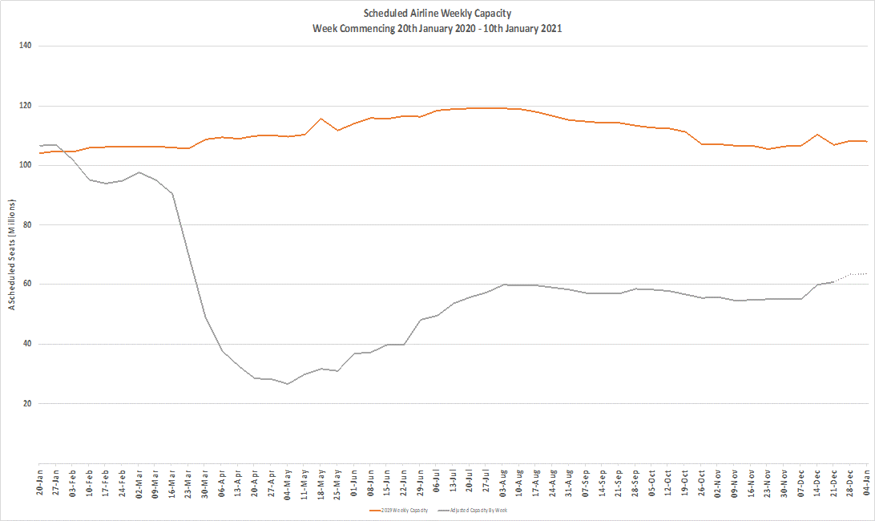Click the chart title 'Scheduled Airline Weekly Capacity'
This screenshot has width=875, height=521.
(437, 14)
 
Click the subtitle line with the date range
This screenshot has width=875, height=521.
(437, 28)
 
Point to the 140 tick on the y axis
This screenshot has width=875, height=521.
(25, 46)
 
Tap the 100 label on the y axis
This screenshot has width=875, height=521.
(25, 165)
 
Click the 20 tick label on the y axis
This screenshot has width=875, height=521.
(26, 404)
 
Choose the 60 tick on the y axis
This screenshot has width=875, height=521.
(26, 285)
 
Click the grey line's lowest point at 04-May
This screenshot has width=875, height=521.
(288, 384)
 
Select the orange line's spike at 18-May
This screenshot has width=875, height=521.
(321, 119)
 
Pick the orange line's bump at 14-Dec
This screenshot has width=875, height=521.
(817, 135)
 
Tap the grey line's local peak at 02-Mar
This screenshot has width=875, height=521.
(139, 172)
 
